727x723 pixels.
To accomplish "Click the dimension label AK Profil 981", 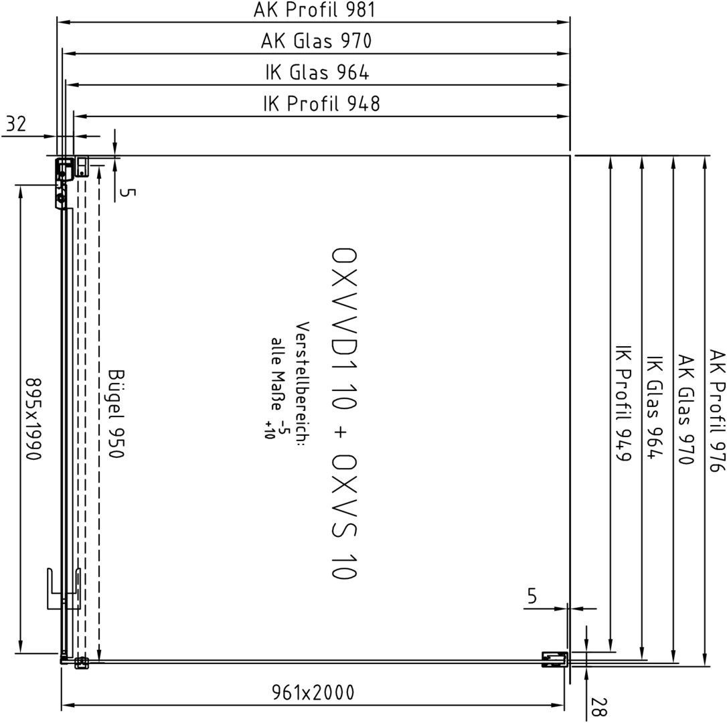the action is pos(314,10).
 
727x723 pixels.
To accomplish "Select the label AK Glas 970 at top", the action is pos(316,41).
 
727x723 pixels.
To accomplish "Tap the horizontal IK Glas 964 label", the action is pos(317,72).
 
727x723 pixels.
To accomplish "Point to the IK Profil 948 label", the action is pos(321,103).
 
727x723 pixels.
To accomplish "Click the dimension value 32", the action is pos(17,124).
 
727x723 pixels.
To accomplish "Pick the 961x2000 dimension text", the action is pos(313,692).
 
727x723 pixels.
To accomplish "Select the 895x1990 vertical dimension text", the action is pos(34,419).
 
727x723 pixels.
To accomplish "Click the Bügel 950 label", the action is pos(116,413).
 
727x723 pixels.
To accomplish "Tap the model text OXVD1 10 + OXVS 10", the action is pos(345,413).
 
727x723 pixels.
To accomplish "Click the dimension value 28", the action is pos(598,707).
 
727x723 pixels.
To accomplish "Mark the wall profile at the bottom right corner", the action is pos(555,659).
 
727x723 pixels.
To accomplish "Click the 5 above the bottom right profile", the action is pos(532,596).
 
